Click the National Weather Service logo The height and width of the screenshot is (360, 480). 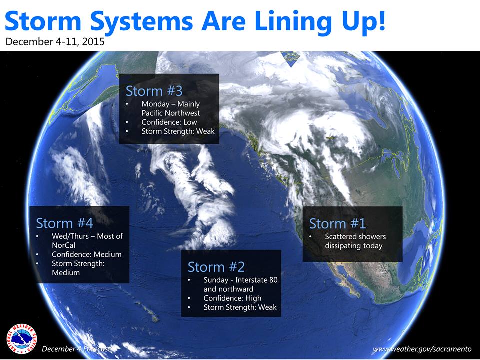coord(21,339)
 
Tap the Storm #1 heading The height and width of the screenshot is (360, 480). coord(337,224)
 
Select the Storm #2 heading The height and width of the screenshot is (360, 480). coord(216,267)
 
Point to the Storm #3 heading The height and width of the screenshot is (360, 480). coord(154,91)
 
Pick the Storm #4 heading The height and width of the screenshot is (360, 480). coord(64,223)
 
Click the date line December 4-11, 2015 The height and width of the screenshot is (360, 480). coord(55,41)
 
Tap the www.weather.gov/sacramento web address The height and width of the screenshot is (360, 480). coord(422,349)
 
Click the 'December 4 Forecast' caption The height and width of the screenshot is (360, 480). coord(76,349)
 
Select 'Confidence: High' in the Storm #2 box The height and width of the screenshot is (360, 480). coord(232,298)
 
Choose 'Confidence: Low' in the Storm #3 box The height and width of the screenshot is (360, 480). coord(169,122)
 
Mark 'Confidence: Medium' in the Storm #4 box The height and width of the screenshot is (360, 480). coord(87,254)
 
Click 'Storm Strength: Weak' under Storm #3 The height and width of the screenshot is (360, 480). coord(178,131)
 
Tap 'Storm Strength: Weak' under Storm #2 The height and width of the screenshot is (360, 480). coord(240,307)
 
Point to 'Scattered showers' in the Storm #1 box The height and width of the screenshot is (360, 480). coord(355,237)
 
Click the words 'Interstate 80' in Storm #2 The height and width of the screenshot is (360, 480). coord(256,280)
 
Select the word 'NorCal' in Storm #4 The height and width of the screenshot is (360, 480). coord(63,245)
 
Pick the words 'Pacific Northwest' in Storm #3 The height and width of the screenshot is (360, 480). coord(171,113)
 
